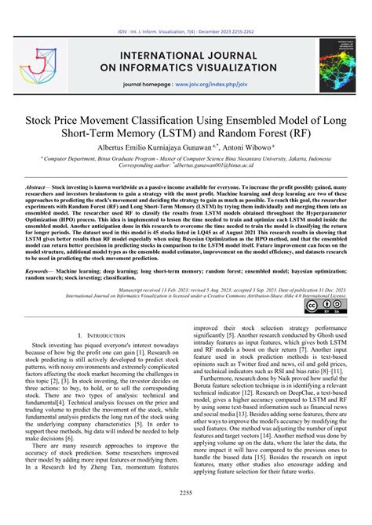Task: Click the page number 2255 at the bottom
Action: (185, 513)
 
